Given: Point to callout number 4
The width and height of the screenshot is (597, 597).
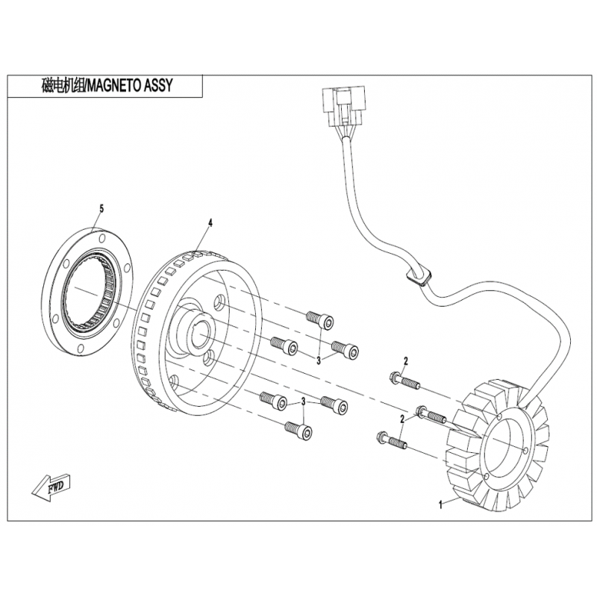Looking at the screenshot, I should click(x=210, y=222).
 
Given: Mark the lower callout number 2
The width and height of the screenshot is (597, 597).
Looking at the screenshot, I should click(x=401, y=420).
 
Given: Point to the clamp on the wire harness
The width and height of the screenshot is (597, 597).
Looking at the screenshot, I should click(x=419, y=276).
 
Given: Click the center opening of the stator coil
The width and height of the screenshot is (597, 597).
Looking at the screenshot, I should click(x=507, y=448).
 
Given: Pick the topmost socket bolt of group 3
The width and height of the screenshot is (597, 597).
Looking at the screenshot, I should click(x=319, y=317).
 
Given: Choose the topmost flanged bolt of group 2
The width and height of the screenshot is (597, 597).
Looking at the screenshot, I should click(x=404, y=380).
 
